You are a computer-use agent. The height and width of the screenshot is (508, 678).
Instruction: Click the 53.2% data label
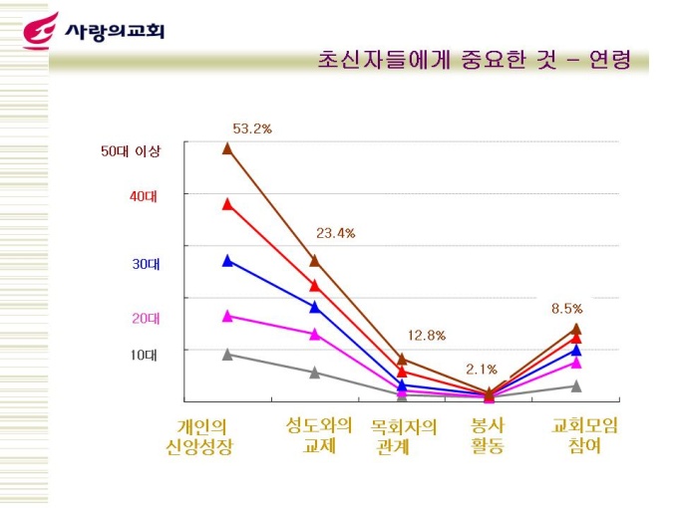252,128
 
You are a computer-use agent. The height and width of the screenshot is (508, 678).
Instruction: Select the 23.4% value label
335,233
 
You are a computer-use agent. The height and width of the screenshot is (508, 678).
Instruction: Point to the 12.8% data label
426,335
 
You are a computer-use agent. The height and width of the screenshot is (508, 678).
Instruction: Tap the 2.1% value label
482,370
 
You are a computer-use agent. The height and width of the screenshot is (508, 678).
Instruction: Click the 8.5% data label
566,309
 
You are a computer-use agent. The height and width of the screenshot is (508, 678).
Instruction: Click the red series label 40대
144,196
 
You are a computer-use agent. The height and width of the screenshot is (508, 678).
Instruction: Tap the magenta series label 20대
145,318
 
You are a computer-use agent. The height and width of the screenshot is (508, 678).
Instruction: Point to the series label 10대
145,354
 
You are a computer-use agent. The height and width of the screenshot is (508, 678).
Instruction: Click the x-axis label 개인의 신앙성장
198,436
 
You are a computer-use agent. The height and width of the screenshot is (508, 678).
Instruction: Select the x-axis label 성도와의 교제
318,434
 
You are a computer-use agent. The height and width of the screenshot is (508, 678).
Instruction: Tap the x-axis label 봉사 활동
488,435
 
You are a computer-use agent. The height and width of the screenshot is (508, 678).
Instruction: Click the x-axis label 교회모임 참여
585,435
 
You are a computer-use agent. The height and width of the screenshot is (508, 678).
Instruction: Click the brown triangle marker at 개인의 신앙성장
227,148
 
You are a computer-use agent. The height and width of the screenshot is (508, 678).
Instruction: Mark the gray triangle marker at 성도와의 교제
315,373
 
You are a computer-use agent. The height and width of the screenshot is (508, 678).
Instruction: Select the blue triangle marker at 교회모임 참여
576,350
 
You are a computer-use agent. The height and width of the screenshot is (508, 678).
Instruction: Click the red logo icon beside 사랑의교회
41,31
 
